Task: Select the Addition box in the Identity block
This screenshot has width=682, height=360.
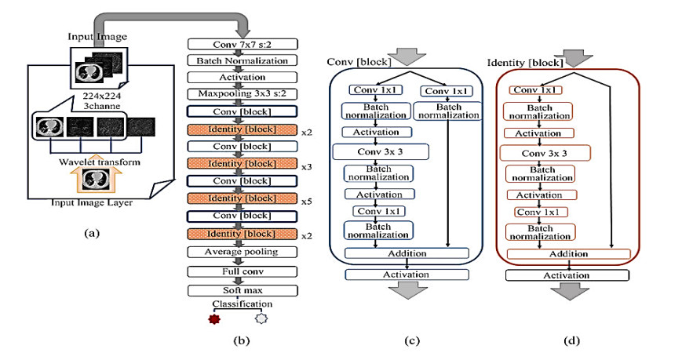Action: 568,253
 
